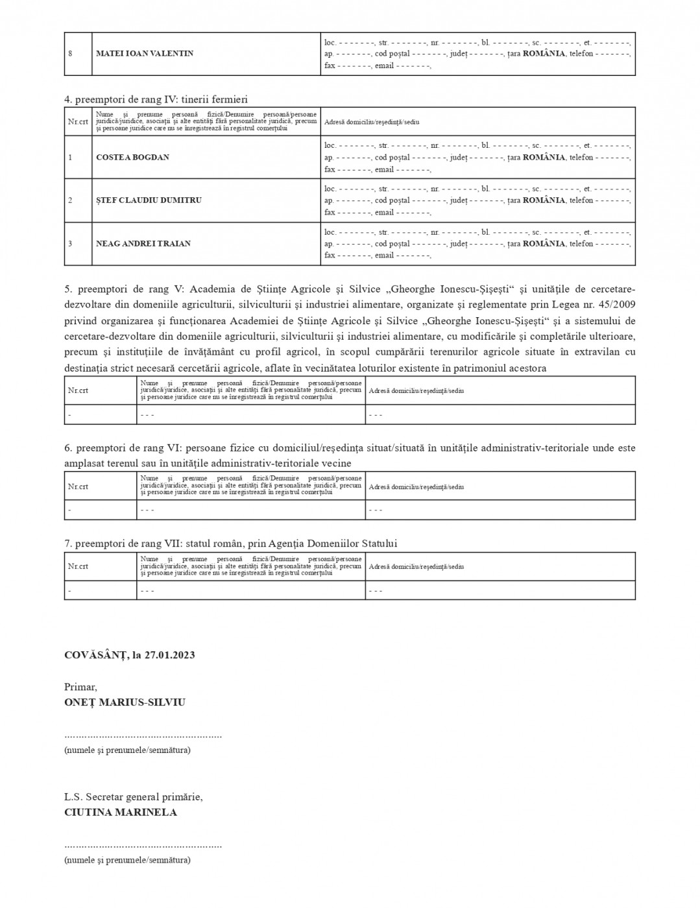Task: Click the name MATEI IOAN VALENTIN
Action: (145, 53)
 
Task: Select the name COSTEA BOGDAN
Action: (132, 157)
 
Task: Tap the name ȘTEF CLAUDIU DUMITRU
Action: (149, 200)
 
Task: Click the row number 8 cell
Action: (70, 53)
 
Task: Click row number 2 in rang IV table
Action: (70, 200)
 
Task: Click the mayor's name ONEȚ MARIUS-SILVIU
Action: (125, 702)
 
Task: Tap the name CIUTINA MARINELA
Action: (121, 812)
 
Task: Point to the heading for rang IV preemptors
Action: (156, 99)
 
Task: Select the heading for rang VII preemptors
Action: (230, 544)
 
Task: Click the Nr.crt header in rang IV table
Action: (78, 121)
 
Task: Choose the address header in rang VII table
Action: (416, 566)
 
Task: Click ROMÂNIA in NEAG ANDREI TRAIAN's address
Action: (544, 243)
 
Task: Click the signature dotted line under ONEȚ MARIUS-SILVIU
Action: (143, 736)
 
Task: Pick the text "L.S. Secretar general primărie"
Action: (133, 796)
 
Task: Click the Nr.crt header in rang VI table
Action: (78, 486)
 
